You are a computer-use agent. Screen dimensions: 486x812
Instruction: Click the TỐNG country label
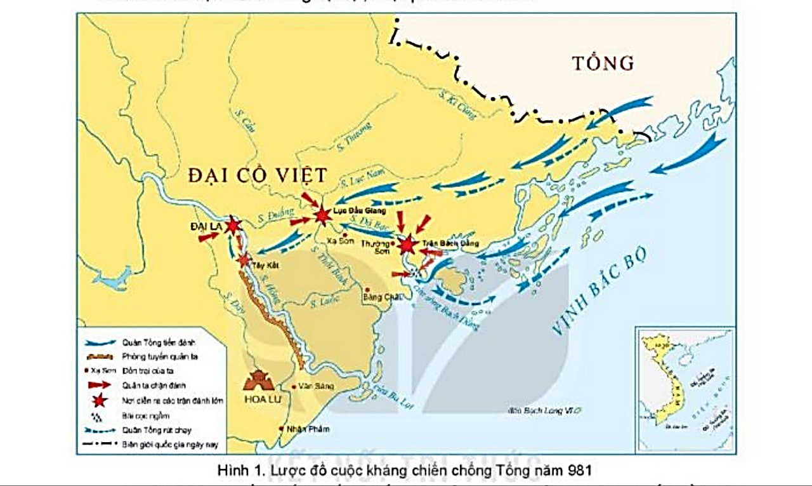click(x=603, y=63)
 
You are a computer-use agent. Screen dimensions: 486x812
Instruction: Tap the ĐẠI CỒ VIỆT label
click(x=258, y=175)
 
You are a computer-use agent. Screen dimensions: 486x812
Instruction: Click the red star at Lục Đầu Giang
click(x=323, y=215)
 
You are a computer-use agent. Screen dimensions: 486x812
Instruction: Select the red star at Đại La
click(x=233, y=226)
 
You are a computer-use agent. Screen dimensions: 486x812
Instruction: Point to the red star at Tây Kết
click(x=244, y=259)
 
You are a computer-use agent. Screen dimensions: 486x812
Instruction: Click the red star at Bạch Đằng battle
click(x=407, y=245)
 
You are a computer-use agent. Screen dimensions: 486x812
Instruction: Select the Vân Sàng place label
click(x=311, y=386)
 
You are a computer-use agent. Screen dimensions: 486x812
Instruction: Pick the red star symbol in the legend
click(x=98, y=400)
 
